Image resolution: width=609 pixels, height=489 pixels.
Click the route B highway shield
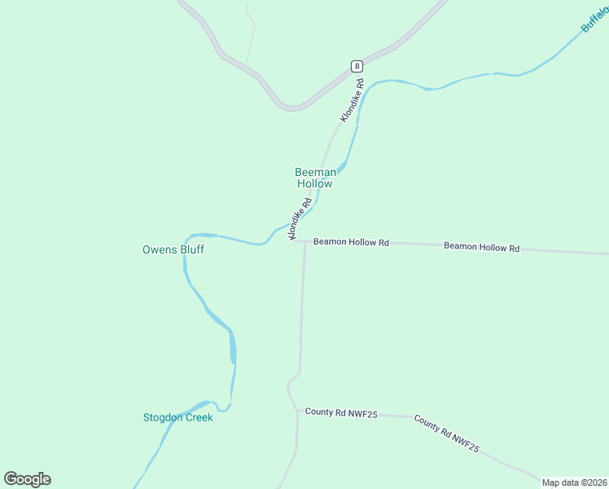356,66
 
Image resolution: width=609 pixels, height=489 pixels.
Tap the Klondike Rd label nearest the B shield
352,101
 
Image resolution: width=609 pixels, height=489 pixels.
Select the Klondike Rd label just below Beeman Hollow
300,219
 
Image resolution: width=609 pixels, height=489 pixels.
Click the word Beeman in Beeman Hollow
315,172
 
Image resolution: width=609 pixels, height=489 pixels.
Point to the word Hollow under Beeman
314,184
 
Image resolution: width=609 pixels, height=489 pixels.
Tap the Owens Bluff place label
173,249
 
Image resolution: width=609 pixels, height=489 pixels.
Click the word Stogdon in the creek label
163,417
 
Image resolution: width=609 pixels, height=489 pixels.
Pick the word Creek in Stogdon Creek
199,417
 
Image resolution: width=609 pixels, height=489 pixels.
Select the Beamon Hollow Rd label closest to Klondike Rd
351,242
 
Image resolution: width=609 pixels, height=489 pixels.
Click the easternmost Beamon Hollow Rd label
481,247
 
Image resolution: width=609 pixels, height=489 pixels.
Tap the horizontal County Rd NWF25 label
341,412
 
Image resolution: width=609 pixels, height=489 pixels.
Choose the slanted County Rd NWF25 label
446,434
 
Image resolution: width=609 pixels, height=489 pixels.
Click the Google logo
28,479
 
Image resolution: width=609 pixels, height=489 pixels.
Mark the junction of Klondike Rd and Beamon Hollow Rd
291,240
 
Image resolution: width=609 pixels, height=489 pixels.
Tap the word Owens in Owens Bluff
160,249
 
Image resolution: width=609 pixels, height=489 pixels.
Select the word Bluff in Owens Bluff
191,249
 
